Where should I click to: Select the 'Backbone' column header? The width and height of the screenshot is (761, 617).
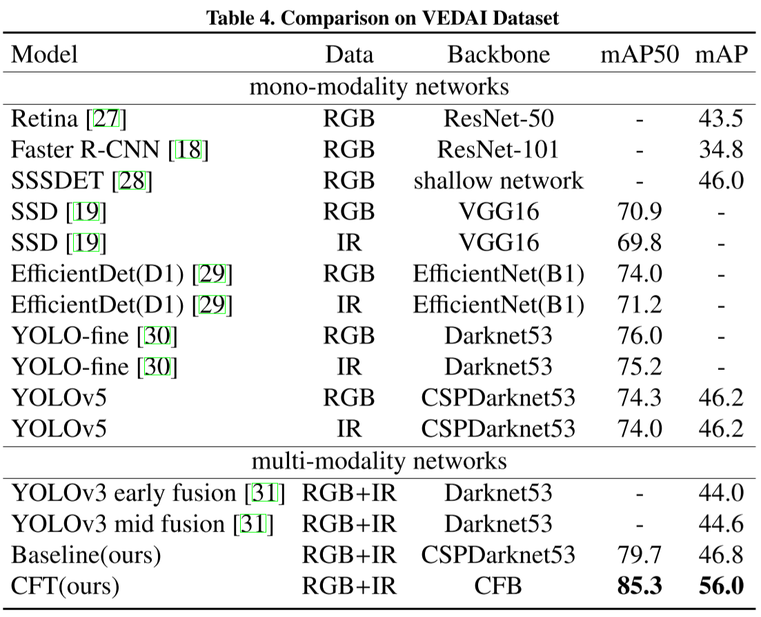[x=499, y=55]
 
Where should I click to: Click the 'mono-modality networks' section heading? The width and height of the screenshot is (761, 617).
[x=379, y=88]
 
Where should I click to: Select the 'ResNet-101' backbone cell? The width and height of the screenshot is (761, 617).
[x=499, y=150]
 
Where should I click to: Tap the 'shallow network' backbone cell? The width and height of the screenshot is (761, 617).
[x=499, y=181]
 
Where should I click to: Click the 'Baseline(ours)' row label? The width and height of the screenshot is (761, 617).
[x=88, y=555]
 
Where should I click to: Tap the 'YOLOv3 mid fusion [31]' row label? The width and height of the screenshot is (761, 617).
[x=142, y=524]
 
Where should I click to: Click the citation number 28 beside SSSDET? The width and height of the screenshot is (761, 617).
[x=131, y=181]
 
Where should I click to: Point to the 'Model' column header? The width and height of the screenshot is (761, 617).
[x=45, y=55]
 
